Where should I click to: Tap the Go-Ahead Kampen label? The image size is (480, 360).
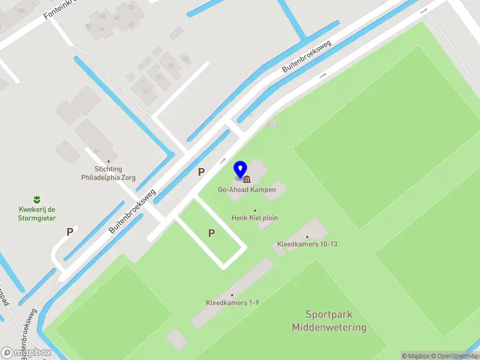[x=247, y=190]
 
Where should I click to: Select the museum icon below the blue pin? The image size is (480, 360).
[x=247, y=179]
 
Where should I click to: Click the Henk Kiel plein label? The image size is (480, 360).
[x=254, y=218]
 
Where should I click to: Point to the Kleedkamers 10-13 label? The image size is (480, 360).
[x=307, y=244]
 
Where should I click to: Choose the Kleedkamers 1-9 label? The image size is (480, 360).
[x=232, y=303]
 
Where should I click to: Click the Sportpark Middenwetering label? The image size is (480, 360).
[x=329, y=321]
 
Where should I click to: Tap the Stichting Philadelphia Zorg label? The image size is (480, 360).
[x=109, y=173]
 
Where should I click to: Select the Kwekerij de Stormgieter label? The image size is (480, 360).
[x=37, y=214]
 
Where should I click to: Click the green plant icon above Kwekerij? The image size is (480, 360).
[x=37, y=199]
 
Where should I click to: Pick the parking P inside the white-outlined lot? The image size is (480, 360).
[x=211, y=233]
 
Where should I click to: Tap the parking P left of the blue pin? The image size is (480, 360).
[x=202, y=172]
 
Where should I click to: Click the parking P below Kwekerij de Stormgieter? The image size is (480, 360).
[x=70, y=232]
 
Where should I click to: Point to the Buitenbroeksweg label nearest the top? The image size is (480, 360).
[x=307, y=58]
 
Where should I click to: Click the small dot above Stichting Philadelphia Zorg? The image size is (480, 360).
[x=109, y=161]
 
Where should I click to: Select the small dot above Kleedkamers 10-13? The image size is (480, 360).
[x=307, y=237]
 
